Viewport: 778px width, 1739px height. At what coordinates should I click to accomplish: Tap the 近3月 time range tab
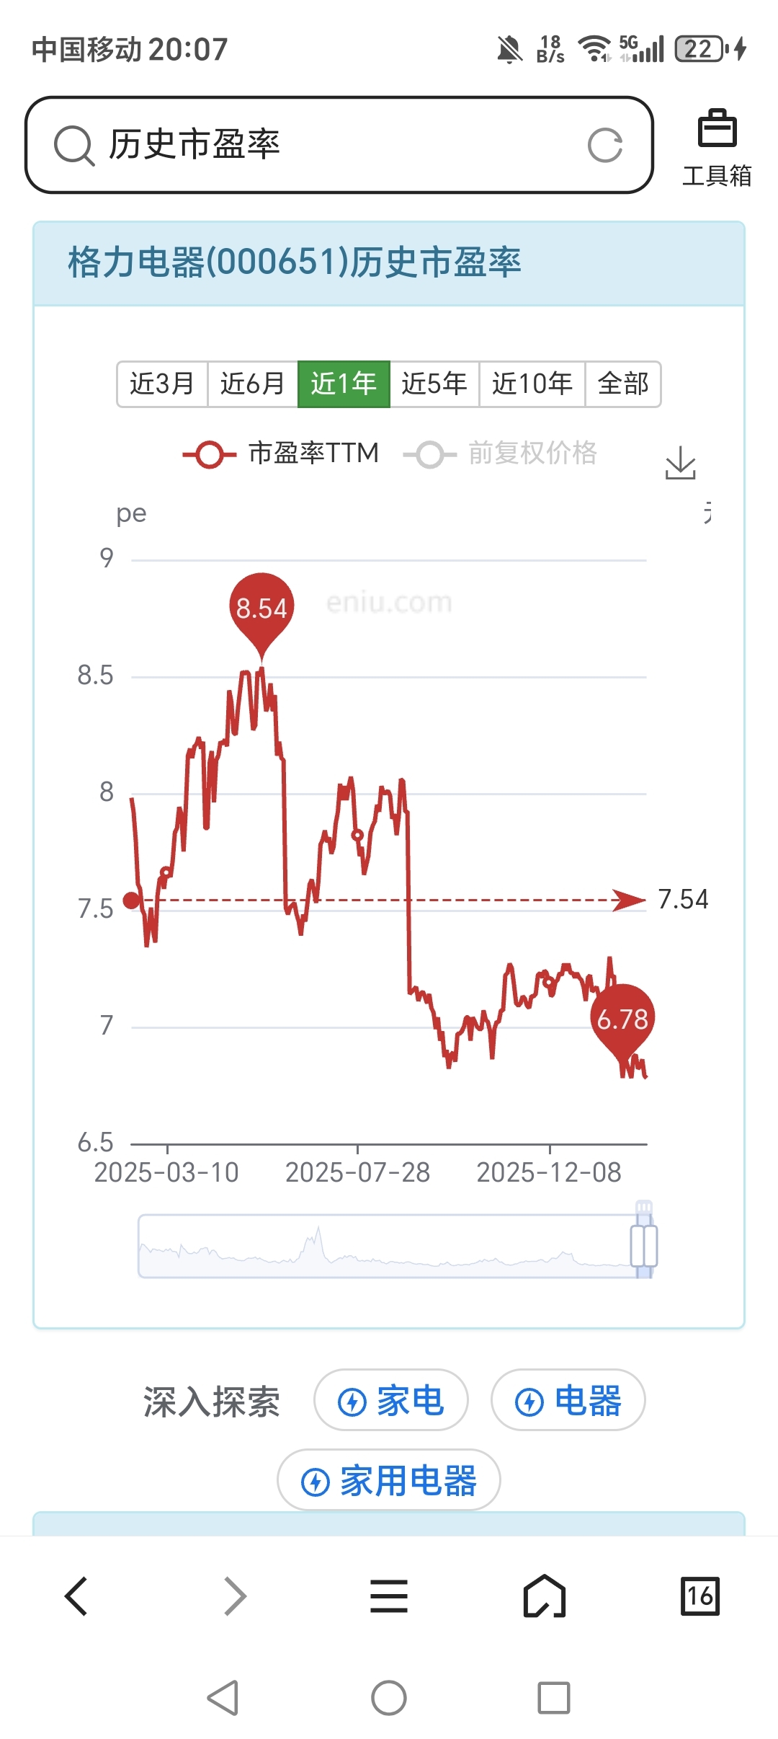tap(162, 384)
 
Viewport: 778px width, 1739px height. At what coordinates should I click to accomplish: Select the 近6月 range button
tap(253, 384)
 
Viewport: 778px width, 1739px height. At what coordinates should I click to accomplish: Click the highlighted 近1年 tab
tap(344, 384)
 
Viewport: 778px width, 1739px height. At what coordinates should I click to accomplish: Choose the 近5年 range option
tap(434, 384)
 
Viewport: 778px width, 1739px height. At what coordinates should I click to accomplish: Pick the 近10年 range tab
tap(532, 384)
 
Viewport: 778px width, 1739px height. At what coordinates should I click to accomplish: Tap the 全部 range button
tap(623, 384)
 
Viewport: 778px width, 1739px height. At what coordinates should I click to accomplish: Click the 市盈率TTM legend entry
tap(281, 453)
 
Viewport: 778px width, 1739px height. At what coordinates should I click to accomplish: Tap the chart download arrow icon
tap(680, 462)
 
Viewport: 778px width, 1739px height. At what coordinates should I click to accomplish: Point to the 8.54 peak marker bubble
tap(261, 609)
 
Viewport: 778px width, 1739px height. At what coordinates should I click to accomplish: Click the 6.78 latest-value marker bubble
tap(622, 1019)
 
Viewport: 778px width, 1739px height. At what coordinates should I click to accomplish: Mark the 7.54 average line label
tap(683, 900)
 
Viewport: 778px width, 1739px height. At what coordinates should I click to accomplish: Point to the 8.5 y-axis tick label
tap(95, 676)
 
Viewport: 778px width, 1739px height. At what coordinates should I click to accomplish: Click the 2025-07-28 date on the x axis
tap(357, 1173)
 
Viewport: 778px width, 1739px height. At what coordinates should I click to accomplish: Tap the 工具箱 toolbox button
tap(717, 148)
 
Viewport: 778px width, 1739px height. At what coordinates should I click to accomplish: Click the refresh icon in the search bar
tap(605, 146)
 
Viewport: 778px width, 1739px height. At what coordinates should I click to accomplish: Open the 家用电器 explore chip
tap(389, 1481)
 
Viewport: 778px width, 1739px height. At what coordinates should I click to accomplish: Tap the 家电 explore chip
tap(391, 1401)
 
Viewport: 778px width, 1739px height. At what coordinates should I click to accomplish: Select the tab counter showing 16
tap(699, 1596)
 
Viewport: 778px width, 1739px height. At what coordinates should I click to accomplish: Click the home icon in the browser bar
tap(545, 1596)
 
